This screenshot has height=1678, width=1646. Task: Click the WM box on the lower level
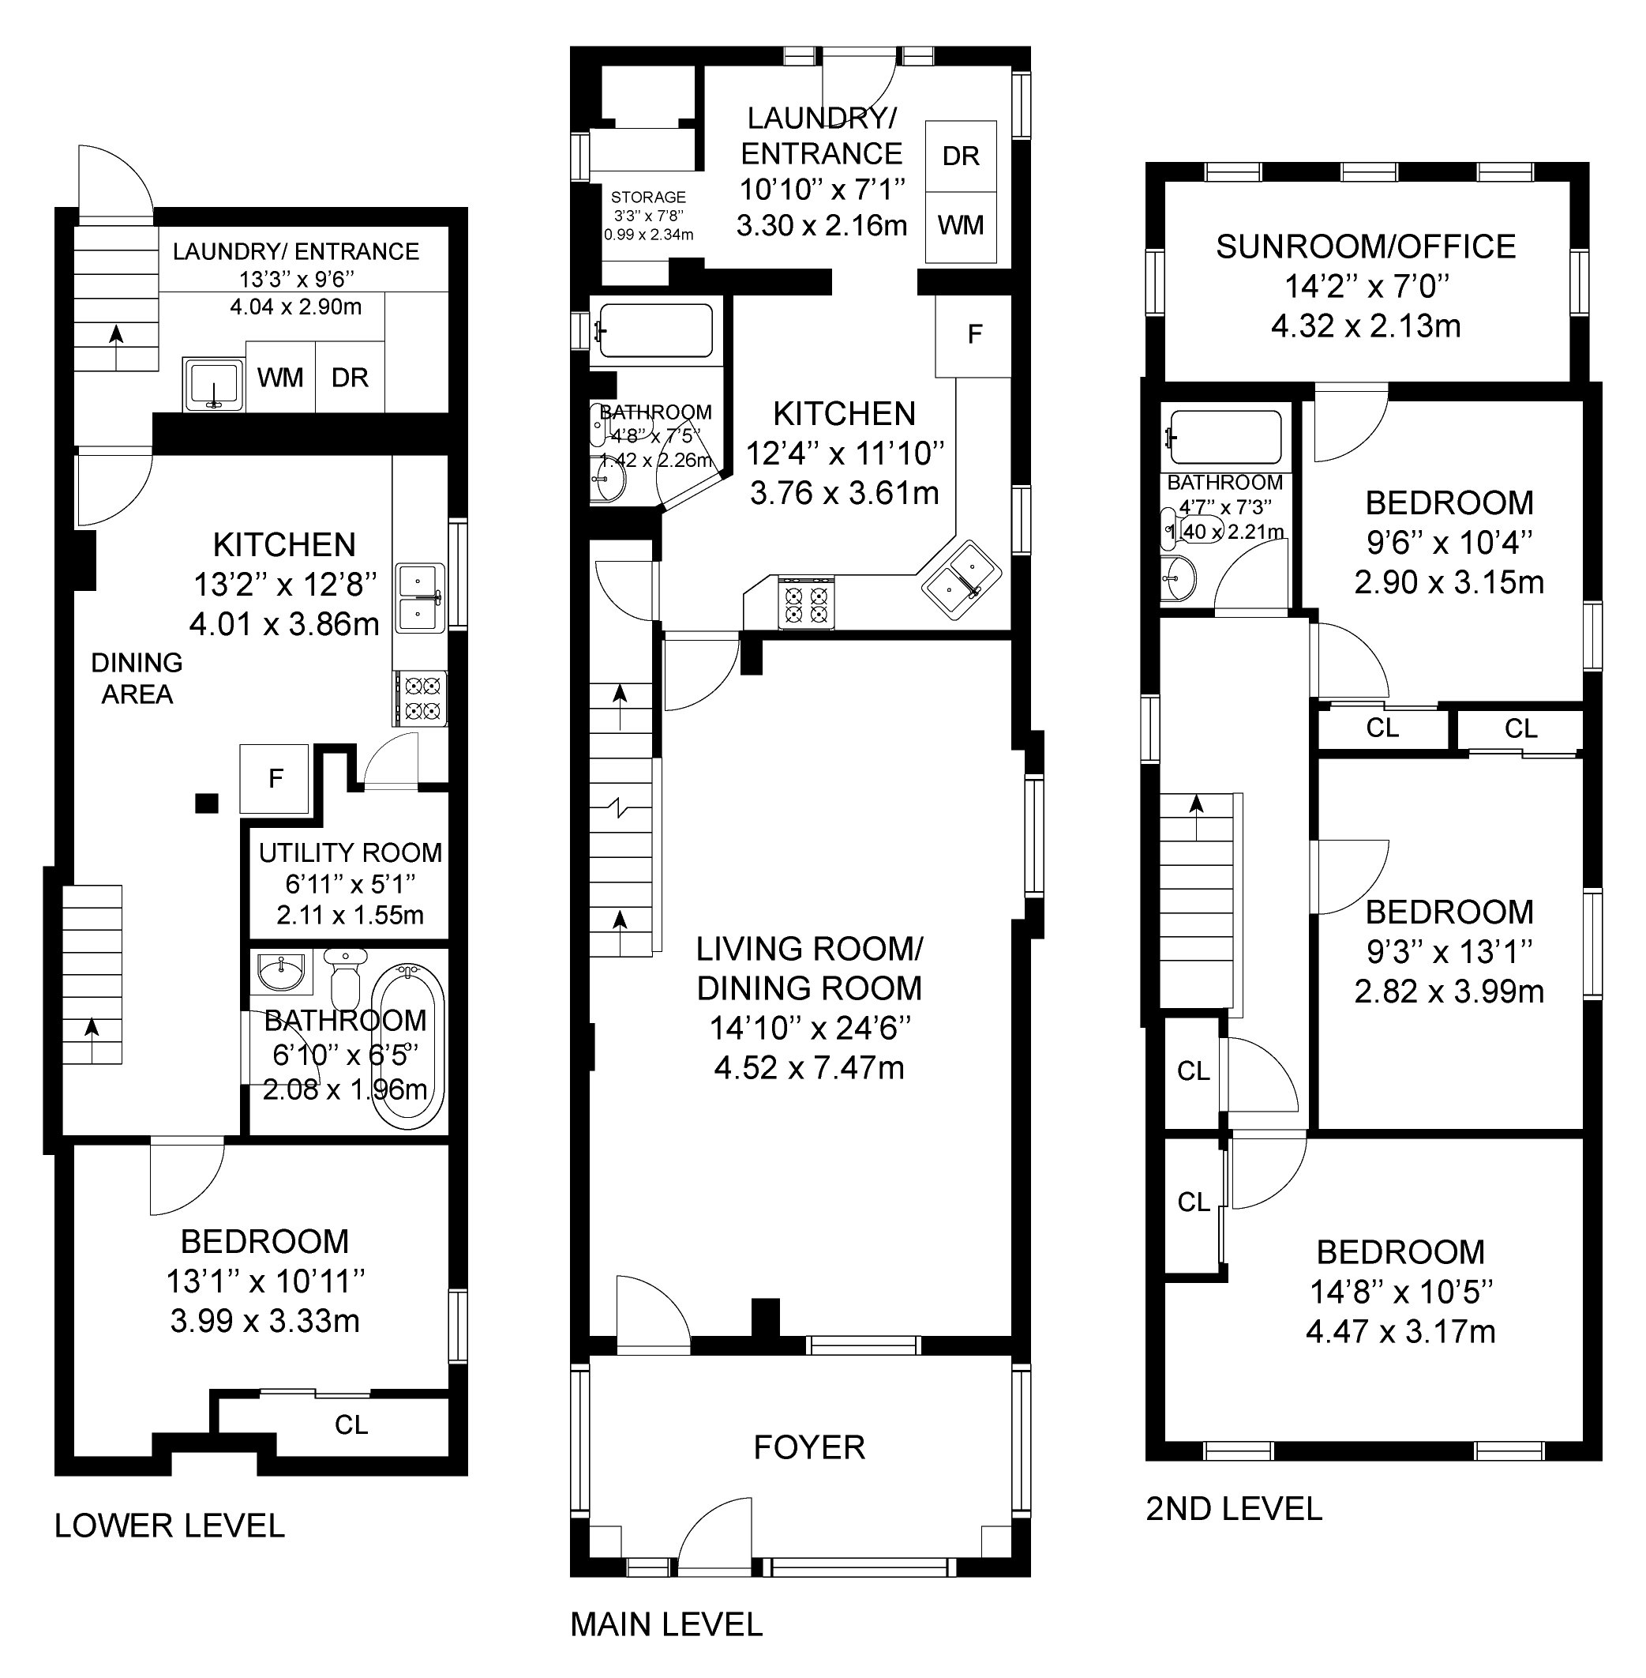(281, 377)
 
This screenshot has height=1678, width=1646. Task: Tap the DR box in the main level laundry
(962, 156)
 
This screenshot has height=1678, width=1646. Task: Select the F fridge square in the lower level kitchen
(275, 778)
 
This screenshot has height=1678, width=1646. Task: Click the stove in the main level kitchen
(807, 602)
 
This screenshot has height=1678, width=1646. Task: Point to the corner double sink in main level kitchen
(961, 580)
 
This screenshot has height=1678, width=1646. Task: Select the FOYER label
(809, 1447)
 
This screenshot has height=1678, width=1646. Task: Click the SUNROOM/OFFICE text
(1366, 246)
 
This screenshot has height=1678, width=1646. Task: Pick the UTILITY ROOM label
(351, 853)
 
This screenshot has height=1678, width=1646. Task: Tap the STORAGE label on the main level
(648, 198)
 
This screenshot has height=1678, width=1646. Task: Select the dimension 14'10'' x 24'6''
(810, 1029)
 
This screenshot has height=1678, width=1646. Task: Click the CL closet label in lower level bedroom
(352, 1424)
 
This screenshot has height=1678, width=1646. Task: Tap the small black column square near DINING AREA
(207, 803)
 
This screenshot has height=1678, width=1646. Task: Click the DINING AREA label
(137, 678)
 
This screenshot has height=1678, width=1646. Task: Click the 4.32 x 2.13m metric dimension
(1366, 326)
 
